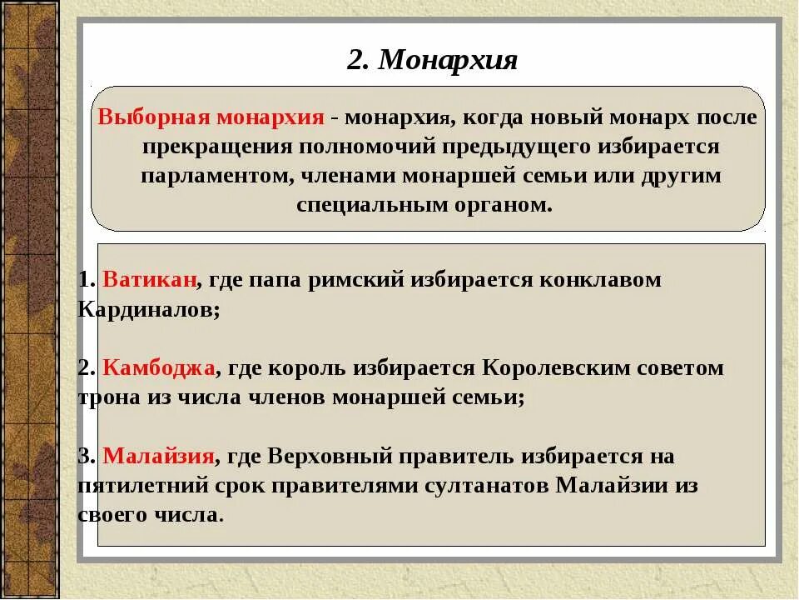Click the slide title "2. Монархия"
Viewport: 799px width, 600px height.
[432, 60]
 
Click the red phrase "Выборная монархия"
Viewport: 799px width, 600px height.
[211, 117]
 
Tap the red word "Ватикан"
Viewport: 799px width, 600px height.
[150, 280]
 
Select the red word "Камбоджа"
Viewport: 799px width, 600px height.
[160, 368]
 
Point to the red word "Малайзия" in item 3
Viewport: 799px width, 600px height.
[159, 457]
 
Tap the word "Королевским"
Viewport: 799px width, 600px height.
[542, 368]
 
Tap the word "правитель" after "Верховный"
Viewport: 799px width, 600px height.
[457, 457]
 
